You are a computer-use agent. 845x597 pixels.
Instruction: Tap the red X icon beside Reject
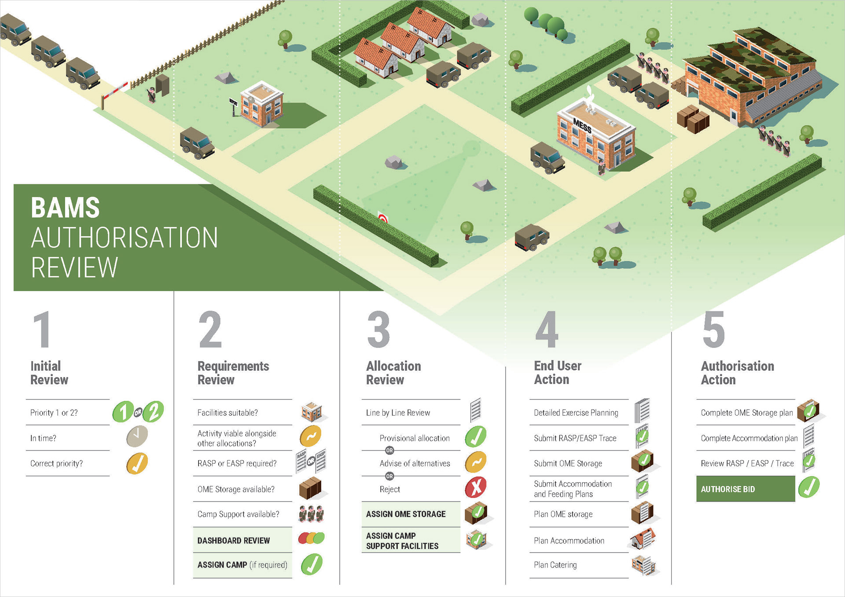coord(475,487)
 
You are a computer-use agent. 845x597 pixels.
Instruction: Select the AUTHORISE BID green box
coord(745,489)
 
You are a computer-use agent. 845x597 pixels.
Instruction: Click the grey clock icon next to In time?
coord(137,436)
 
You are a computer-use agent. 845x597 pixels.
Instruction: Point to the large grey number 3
coord(378,330)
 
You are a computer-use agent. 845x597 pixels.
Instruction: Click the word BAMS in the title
coord(66,208)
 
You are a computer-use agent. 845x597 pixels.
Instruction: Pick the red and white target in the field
coord(383,218)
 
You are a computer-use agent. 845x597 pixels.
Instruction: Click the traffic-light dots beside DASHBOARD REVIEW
coord(311,538)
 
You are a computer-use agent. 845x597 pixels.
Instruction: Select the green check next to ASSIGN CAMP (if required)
coord(312,564)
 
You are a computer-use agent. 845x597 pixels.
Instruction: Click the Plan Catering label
coord(555,565)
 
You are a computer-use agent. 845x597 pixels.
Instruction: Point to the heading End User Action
coord(557,372)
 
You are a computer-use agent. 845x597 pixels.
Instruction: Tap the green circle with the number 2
coord(153,412)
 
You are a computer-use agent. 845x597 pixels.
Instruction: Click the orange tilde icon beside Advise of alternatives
coord(475,462)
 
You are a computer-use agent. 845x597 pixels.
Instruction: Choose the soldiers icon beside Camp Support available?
coord(311,513)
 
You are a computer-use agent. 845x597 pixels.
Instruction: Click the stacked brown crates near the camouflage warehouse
coord(692,119)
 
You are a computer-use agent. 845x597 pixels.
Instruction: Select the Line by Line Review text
coord(398,413)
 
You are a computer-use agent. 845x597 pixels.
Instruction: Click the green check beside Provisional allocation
coord(475,436)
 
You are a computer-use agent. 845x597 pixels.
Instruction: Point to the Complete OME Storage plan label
coord(746,413)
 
